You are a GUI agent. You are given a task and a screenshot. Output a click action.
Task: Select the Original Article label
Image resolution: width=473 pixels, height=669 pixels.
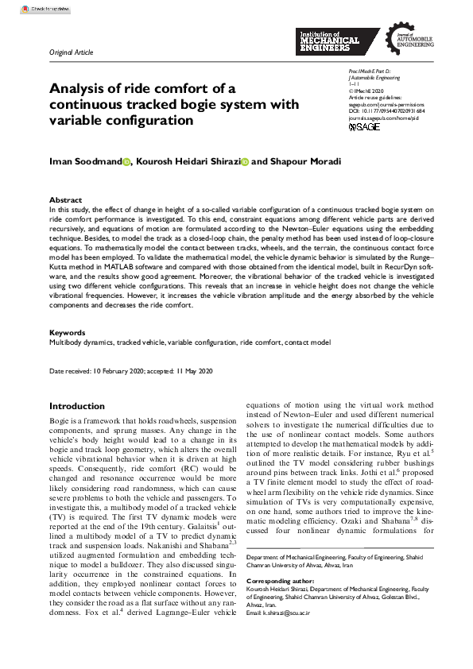(72, 52)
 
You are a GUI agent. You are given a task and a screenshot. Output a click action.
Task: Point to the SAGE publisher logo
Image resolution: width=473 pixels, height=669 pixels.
(343, 126)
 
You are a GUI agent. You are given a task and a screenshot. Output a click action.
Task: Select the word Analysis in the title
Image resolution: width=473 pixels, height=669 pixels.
(78, 88)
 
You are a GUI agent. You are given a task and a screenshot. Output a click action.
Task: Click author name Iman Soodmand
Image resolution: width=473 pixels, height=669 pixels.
(85, 161)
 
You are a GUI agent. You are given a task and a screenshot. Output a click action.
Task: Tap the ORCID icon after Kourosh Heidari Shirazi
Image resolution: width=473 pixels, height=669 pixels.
(245, 162)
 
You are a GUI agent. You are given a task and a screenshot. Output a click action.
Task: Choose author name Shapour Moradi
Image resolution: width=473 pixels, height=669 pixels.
(302, 161)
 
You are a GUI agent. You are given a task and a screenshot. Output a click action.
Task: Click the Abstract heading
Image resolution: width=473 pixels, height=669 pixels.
(65, 200)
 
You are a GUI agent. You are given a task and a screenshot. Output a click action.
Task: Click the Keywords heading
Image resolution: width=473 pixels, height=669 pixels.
(68, 333)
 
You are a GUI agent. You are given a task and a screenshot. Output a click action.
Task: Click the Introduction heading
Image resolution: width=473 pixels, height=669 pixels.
(77, 406)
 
